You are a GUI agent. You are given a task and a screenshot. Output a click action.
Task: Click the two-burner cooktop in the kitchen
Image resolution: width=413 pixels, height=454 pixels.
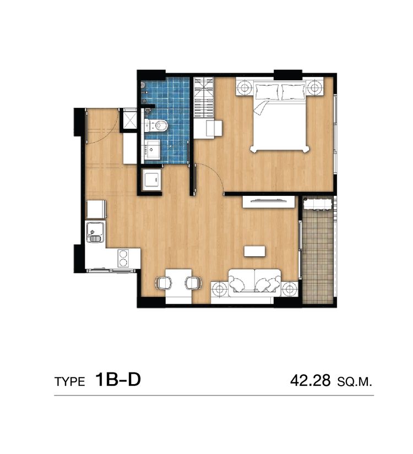click(123, 258)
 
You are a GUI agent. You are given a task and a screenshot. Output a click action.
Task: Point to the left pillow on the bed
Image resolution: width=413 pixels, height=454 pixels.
click(267, 92)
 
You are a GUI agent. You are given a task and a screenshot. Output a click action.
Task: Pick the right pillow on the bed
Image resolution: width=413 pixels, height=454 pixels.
click(294, 92)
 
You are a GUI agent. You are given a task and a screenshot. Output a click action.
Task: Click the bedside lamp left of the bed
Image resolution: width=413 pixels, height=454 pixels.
click(244, 86)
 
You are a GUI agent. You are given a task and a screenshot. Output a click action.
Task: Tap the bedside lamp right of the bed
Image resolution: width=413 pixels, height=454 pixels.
click(315, 86)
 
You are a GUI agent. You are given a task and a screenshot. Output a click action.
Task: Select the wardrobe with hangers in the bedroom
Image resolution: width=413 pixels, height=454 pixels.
click(204, 98)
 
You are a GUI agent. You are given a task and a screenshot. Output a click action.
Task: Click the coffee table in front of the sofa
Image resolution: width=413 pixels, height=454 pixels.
click(254, 251)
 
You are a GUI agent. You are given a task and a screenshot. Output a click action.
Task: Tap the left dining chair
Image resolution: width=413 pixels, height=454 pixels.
click(164, 283)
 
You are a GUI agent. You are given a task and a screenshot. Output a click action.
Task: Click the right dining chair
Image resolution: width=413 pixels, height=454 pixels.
click(194, 283)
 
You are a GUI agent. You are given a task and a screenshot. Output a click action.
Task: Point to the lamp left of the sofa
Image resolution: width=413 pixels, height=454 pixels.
click(220, 289)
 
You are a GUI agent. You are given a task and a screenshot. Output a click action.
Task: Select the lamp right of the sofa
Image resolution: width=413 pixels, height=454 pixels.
click(289, 289)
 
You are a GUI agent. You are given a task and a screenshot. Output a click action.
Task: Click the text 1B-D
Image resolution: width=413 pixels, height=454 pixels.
click(118, 380)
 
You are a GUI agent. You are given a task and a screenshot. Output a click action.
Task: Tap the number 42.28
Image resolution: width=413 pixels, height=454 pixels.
click(311, 380)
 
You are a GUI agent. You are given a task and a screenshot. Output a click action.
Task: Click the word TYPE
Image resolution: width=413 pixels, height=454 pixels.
click(70, 382)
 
